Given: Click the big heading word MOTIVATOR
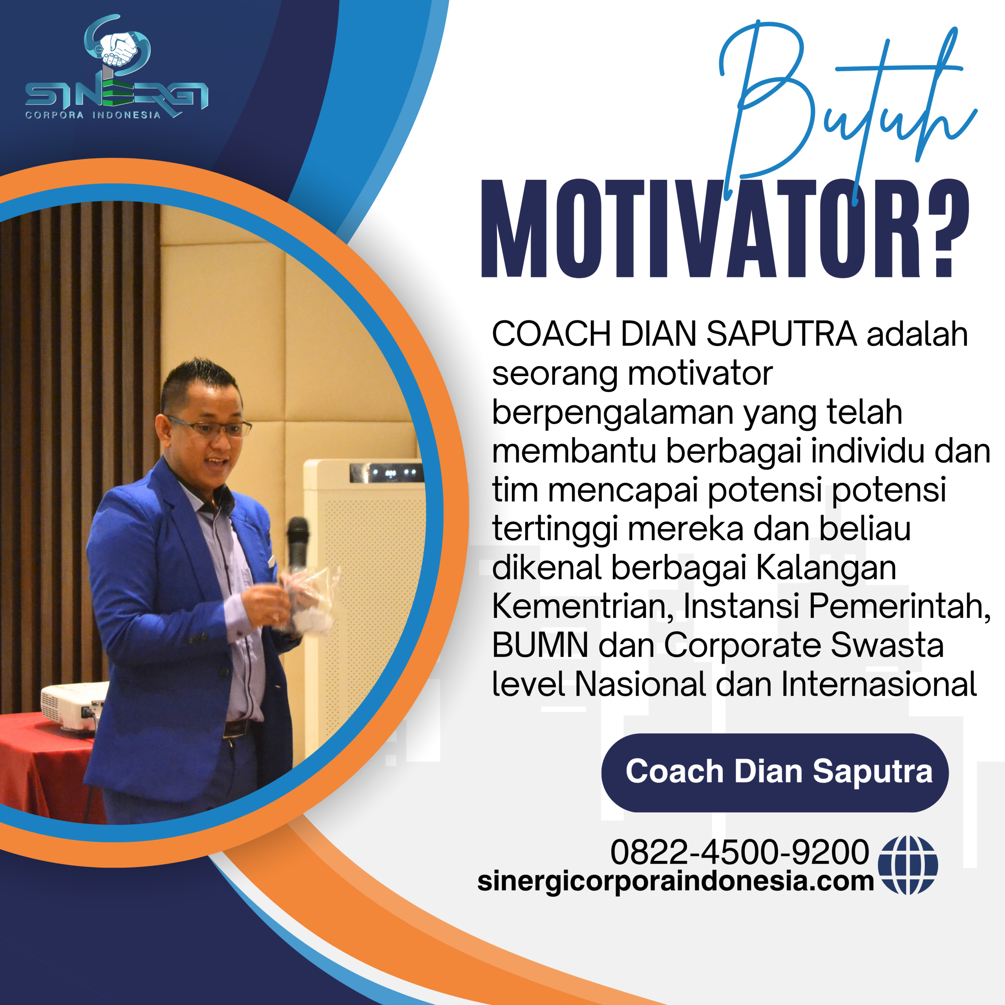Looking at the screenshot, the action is (x=702, y=229).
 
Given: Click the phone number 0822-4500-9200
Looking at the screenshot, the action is (x=739, y=852).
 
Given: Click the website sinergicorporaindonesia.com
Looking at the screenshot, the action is (x=676, y=880).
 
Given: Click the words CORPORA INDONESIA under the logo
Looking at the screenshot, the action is (x=93, y=115).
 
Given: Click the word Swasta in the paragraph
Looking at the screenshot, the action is (x=886, y=645).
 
